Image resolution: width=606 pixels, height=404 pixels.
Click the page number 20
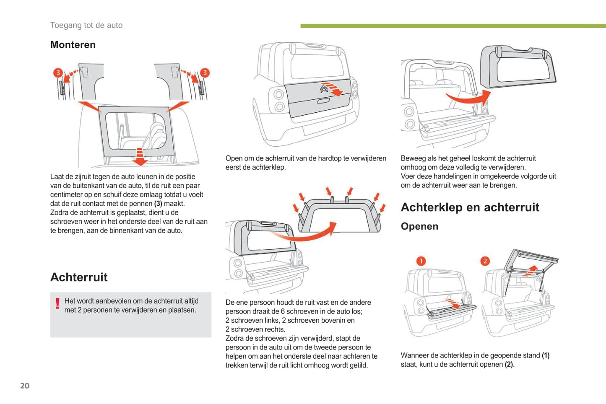click(x=25, y=386)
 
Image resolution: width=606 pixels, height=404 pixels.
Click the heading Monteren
click(x=73, y=45)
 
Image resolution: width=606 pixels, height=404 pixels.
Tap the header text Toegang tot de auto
click(x=86, y=25)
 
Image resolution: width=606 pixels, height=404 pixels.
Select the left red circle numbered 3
click(x=58, y=73)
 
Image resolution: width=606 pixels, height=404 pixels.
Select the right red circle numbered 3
click(x=205, y=73)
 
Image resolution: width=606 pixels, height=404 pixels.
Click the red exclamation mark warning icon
click(x=57, y=303)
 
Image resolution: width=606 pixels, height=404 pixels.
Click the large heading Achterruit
click(x=79, y=277)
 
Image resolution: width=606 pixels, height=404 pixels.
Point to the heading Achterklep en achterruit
click(x=470, y=207)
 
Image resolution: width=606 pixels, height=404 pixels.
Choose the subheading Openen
click(x=419, y=226)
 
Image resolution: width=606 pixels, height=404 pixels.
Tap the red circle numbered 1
click(x=421, y=261)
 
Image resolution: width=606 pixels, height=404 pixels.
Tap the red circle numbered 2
click(x=485, y=261)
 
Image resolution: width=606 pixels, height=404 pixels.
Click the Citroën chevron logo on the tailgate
click(x=324, y=89)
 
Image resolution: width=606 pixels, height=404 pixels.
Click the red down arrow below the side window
click(x=140, y=156)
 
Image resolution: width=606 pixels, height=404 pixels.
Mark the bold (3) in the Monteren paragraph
click(x=158, y=204)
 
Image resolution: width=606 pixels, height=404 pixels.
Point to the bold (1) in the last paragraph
click(x=545, y=355)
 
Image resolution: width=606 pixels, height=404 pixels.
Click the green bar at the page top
click(x=453, y=26)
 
